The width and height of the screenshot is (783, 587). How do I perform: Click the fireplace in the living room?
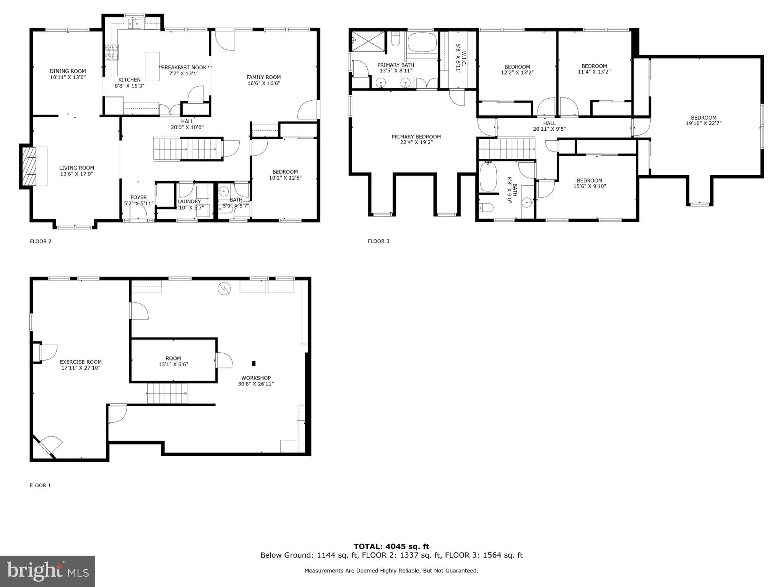[x=29, y=166]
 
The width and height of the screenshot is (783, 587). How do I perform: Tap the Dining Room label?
[x=68, y=71]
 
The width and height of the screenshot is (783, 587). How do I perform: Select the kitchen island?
[x=152, y=67]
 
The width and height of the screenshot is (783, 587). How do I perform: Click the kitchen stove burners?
[x=112, y=52]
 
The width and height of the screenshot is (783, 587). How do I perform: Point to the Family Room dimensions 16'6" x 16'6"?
[x=263, y=83]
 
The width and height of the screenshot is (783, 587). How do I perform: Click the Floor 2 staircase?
[x=188, y=149]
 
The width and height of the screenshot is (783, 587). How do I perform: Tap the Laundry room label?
[x=189, y=202]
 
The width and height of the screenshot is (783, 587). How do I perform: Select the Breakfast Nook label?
[x=184, y=68]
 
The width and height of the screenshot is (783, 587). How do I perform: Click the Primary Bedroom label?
[x=416, y=137]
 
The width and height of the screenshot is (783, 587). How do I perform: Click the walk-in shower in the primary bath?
[x=368, y=41]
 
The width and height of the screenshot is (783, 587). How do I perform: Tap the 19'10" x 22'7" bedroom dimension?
[x=703, y=124]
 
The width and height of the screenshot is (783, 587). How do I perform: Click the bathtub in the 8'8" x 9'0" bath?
[x=488, y=177]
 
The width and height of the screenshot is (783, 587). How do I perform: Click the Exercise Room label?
[x=81, y=362]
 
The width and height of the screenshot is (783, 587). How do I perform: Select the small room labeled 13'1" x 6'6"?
[x=173, y=361]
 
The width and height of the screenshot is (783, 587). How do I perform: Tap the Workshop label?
[x=256, y=378]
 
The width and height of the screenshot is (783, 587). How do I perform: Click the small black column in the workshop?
[x=253, y=363]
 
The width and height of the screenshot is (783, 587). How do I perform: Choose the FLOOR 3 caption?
[x=378, y=241]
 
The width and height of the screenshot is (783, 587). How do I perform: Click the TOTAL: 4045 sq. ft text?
[x=391, y=546]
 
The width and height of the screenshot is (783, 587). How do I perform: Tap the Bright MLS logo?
[x=47, y=571]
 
